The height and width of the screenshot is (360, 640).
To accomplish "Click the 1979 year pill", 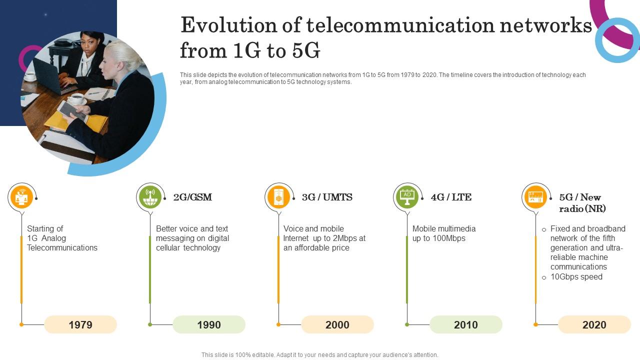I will pyautogui.click(x=80, y=324).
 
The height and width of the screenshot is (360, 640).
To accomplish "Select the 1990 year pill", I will pyautogui.click(x=209, y=324).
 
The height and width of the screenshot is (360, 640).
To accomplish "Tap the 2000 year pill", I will pyautogui.click(x=337, y=324).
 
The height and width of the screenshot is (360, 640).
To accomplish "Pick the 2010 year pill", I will pyautogui.click(x=466, y=324).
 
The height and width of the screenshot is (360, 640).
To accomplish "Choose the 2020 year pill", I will pyautogui.click(x=594, y=324).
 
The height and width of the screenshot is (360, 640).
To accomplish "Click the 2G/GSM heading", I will pyautogui.click(x=192, y=197).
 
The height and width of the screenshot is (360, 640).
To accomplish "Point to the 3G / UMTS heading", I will pyautogui.click(x=327, y=197).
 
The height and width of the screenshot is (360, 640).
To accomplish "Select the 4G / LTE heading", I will pyautogui.click(x=451, y=197).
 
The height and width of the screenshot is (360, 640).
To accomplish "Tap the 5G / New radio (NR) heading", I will pyautogui.click(x=581, y=202).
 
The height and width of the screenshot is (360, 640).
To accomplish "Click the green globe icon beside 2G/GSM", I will pyautogui.click(x=150, y=197).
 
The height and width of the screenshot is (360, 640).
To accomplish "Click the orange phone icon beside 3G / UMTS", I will pyautogui.click(x=278, y=197).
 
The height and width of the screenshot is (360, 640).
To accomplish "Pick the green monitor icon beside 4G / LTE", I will pyautogui.click(x=407, y=197).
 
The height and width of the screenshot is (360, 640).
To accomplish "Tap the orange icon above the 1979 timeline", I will pyautogui.click(x=21, y=197).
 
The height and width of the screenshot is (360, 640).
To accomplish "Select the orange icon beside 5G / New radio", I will pyautogui.click(x=535, y=197).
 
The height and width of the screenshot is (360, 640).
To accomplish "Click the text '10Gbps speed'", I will pyautogui.click(x=576, y=277).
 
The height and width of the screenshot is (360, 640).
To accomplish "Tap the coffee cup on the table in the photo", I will pyautogui.click(x=77, y=98).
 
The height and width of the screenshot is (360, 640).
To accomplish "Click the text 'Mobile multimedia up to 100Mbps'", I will pyautogui.click(x=443, y=233).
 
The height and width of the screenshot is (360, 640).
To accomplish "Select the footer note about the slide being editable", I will pyautogui.click(x=320, y=355).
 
